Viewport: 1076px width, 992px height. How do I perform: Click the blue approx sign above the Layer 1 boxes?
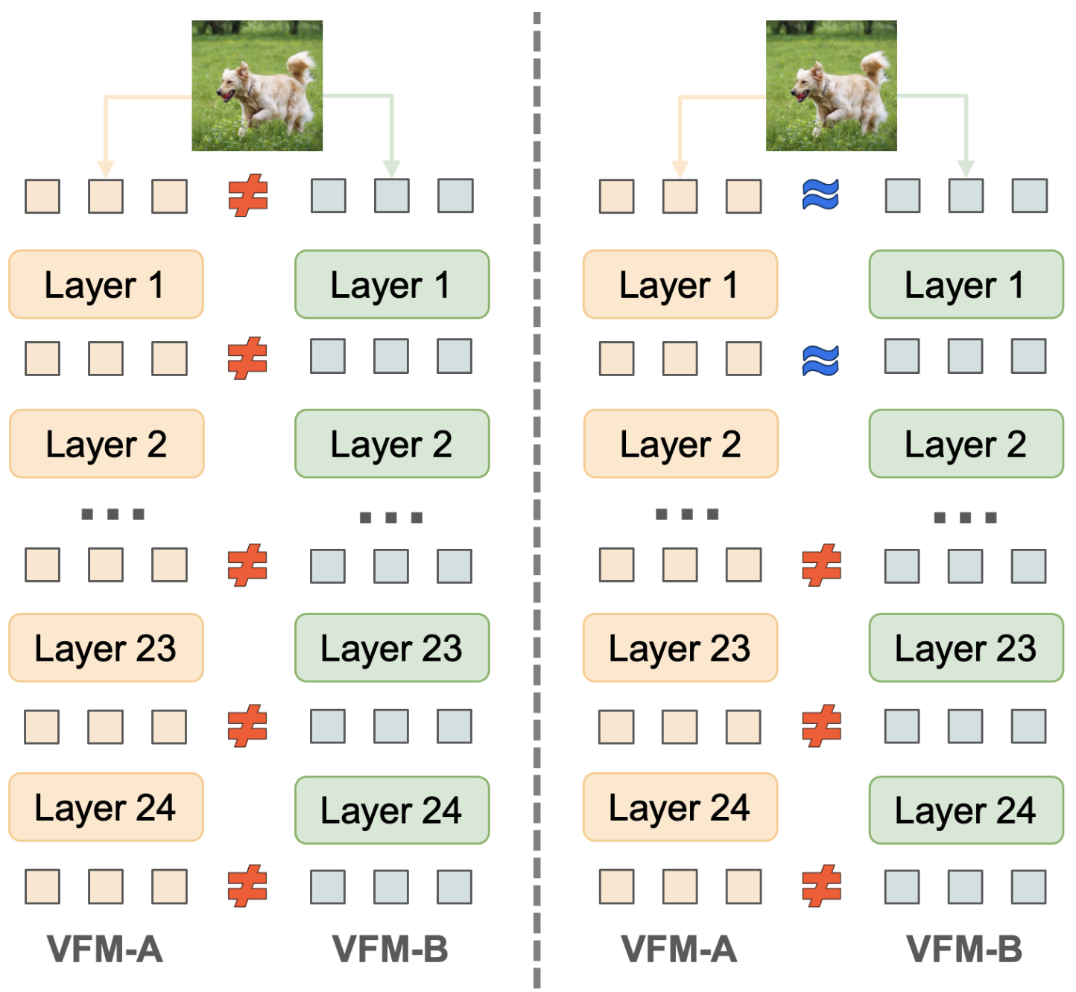tap(820, 194)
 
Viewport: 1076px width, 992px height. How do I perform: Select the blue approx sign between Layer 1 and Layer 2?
tap(820, 360)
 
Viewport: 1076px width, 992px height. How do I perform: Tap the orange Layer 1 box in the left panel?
tap(107, 284)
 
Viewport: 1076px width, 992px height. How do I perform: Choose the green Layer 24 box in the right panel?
tap(966, 810)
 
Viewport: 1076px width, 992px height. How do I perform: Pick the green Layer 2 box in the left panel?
tap(392, 443)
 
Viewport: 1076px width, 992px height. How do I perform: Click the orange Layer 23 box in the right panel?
tap(680, 648)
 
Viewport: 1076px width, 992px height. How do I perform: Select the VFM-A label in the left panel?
tap(105, 950)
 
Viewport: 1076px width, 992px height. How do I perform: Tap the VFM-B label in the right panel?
tap(964, 950)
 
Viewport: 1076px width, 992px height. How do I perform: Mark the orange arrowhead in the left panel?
tap(106, 168)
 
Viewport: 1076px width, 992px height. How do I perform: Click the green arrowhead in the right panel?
tap(966, 168)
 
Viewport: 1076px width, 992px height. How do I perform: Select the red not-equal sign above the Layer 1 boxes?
tap(247, 195)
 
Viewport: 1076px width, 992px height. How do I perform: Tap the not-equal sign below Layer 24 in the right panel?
tap(821, 886)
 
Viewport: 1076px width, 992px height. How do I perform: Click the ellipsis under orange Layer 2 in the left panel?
tap(113, 513)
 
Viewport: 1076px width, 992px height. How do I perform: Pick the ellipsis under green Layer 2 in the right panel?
tap(965, 518)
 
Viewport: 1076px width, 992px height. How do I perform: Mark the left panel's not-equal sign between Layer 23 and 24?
tap(247, 725)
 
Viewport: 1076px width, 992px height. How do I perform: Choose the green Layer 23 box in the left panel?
tap(392, 648)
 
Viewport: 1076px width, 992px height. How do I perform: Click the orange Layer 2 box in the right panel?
tap(680, 443)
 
